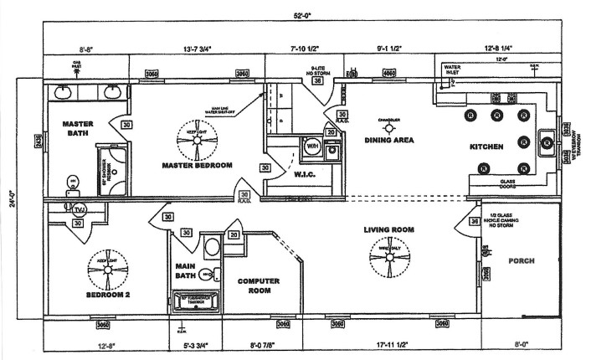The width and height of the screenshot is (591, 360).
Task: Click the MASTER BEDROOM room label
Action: [197, 165]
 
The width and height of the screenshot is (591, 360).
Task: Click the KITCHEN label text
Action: [486, 147]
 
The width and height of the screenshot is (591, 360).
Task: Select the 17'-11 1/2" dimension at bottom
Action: [392, 344]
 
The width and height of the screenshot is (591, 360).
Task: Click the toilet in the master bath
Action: [74, 182]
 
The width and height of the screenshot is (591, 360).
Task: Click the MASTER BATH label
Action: [78, 129]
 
